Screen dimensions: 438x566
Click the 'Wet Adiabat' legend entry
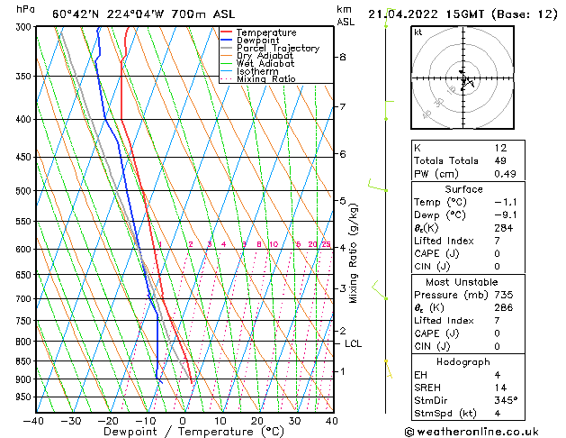pyautogui.click(x=265, y=64)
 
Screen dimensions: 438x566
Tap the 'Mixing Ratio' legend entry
pyautogui.click(x=265, y=79)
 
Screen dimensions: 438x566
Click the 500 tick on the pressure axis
pyautogui.click(x=21, y=191)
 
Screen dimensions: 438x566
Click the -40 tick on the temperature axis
pyautogui.click(x=34, y=420)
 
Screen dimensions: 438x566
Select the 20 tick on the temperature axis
pyautogui.click(x=256, y=420)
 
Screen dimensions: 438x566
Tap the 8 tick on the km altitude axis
pyautogui.click(x=342, y=57)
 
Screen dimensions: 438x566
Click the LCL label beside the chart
pyautogui.click(x=354, y=343)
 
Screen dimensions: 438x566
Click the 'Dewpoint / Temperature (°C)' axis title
pyautogui.click(x=183, y=432)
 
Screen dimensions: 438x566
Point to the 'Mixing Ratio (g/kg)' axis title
pyautogui.click(x=354, y=252)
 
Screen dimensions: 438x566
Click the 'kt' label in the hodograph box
pyautogui.click(x=418, y=32)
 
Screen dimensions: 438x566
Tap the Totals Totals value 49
pyautogui.click(x=500, y=160)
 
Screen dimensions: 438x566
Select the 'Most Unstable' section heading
pyautogui.click(x=463, y=281)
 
